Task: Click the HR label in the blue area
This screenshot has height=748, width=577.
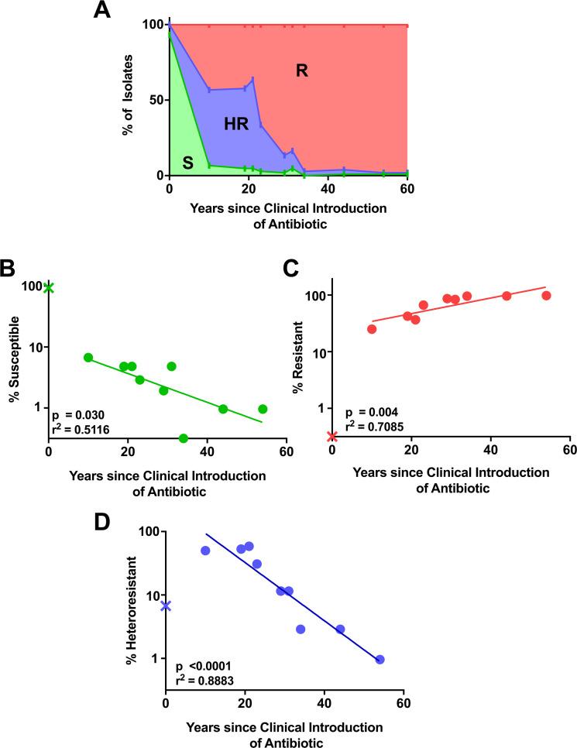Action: tap(236, 124)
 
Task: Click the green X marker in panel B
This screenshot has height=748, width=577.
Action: tap(49, 288)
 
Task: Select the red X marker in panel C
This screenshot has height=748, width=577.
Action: tap(332, 437)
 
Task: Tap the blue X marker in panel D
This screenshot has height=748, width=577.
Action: tap(166, 606)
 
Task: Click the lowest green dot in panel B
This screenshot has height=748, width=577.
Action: tap(183, 438)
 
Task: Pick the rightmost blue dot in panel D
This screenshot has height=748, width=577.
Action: tap(380, 659)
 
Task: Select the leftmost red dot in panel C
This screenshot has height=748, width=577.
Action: tap(372, 329)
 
